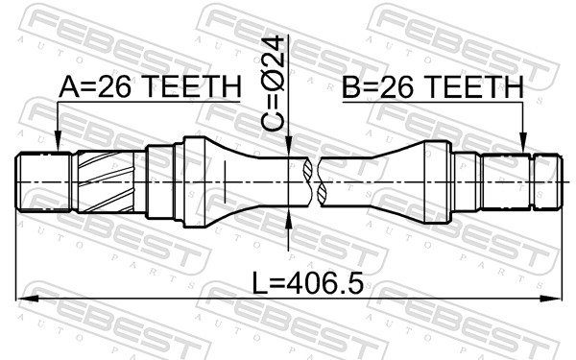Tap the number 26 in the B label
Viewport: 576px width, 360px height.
pyautogui.click(x=394, y=88)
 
